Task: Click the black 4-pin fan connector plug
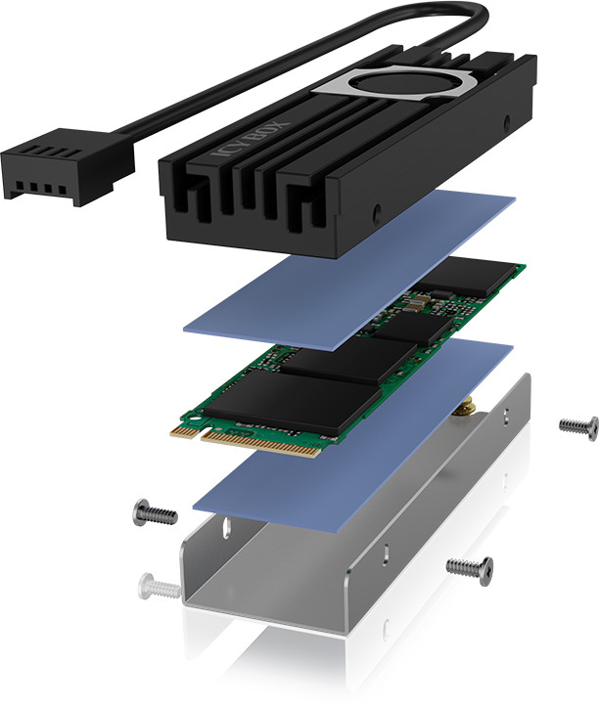click(x=68, y=166)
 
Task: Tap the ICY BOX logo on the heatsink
click(x=251, y=139)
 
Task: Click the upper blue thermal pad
click(x=349, y=269)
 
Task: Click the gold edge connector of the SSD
click(x=253, y=441)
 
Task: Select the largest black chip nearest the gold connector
click(x=293, y=402)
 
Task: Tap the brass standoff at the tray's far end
click(x=464, y=408)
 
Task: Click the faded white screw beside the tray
click(x=159, y=587)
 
